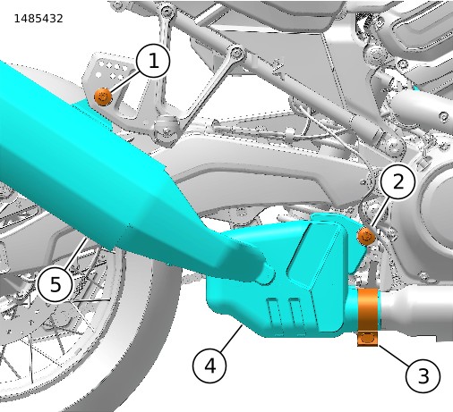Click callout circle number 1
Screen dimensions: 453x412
click(153, 61)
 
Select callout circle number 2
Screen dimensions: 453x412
click(398, 181)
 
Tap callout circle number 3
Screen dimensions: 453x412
click(423, 375)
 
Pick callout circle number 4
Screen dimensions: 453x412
click(209, 366)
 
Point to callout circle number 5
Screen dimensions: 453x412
click(56, 284)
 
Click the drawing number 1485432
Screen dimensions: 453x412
click(38, 19)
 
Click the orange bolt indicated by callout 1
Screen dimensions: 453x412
click(103, 97)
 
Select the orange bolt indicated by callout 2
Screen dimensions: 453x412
click(366, 237)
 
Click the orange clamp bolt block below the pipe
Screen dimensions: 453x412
click(368, 339)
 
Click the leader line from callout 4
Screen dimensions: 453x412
click(231, 338)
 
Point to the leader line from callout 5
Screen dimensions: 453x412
click(77, 254)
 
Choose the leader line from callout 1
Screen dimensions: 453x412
click(124, 81)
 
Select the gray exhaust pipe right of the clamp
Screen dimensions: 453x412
click(416, 310)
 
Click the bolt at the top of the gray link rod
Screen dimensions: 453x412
click(237, 53)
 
